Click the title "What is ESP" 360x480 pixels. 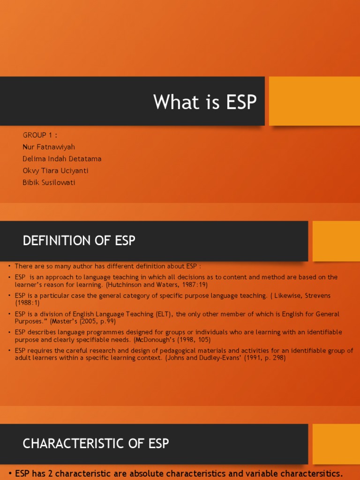[x=205, y=102]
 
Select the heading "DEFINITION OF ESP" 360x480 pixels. [x=79, y=241]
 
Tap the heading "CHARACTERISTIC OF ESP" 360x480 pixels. [x=96, y=443]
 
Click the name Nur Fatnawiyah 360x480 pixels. [x=49, y=147]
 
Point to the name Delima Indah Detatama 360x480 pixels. [x=62, y=159]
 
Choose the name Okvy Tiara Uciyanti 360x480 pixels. [x=55, y=171]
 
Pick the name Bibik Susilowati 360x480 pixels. [x=49, y=182]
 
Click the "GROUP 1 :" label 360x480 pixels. [x=40, y=135]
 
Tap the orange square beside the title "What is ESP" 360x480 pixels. [x=314, y=101]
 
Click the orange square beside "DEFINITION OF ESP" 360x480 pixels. [x=336, y=241]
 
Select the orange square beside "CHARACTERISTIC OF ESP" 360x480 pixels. [x=336, y=444]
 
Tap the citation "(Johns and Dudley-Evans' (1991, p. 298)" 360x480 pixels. [x=225, y=358]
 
